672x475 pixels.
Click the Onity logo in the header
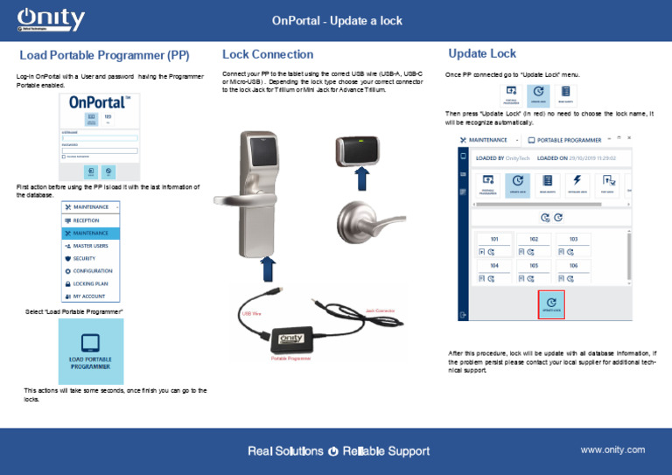point(52,20)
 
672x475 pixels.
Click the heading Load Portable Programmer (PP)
point(105,56)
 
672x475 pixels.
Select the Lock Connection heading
point(268,54)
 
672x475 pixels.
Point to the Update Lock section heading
point(482,53)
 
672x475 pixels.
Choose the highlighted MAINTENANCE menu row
point(91,234)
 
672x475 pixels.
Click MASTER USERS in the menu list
point(91,246)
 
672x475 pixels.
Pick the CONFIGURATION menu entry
point(91,271)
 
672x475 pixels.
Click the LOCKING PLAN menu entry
point(91,284)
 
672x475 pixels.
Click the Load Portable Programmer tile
point(91,351)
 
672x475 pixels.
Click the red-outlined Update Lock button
point(551,304)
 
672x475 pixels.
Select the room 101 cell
point(493,245)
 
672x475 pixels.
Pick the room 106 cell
point(573,271)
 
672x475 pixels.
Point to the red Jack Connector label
point(380,311)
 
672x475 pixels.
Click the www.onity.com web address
point(612,450)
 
